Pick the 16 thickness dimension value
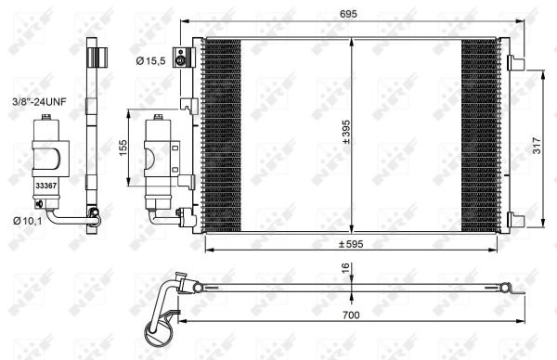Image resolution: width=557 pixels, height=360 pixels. coord(345,270)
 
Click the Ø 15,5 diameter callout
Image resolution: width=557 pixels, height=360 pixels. coord(151,62)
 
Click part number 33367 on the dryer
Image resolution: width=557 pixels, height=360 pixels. coord(44,186)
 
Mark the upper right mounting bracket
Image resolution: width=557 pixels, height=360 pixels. coord(515,63)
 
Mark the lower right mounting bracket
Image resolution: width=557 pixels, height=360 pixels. coord(515,220)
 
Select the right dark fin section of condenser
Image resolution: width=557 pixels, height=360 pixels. coord(481,135)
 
